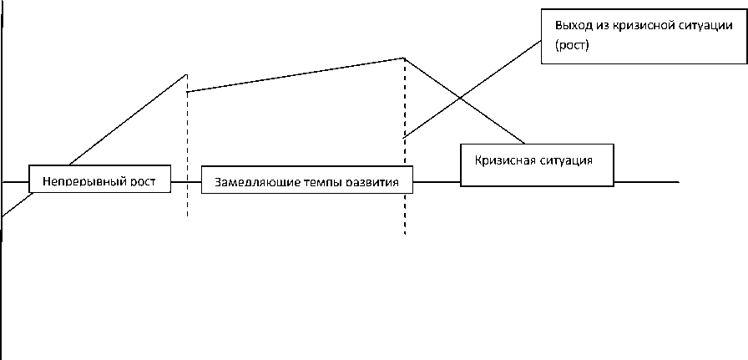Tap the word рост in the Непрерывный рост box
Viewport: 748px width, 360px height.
click(x=144, y=180)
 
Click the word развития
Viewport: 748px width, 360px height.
click(x=371, y=181)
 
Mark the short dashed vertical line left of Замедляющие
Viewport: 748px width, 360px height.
click(x=187, y=200)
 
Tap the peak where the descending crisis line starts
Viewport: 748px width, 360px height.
click(x=404, y=58)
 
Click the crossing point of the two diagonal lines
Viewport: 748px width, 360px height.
click(x=461, y=101)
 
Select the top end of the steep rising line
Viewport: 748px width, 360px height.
click(x=185, y=75)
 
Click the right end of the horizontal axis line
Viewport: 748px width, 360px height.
click(x=677, y=181)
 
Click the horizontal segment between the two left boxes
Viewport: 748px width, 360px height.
click(x=186, y=181)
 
